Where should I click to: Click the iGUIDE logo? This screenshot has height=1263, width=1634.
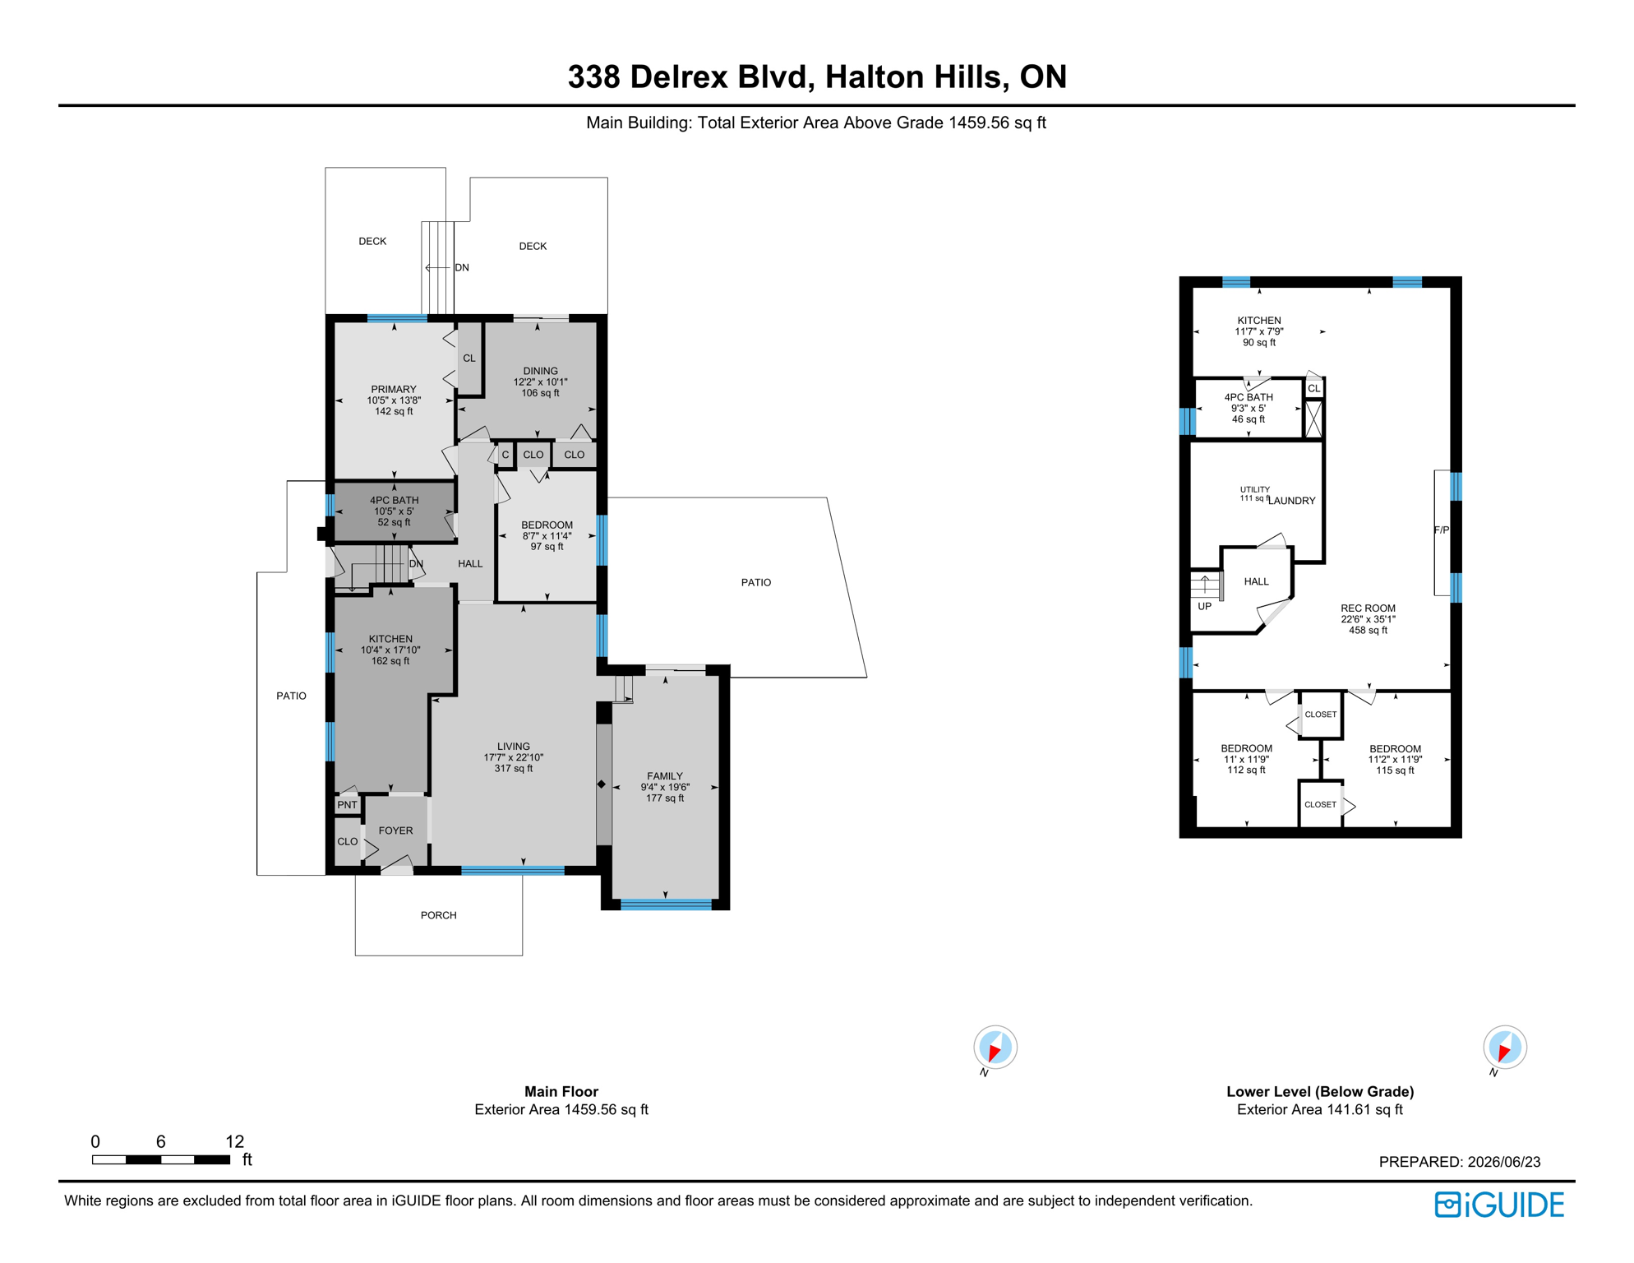pos(1499,1205)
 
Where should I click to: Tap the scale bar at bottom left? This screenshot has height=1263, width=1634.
pos(161,1159)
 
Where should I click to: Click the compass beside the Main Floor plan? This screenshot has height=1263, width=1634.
pos(995,1048)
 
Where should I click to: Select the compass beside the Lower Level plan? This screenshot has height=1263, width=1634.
pos(1505,1048)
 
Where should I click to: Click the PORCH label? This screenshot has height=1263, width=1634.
pos(438,915)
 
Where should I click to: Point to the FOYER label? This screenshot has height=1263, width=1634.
pos(395,830)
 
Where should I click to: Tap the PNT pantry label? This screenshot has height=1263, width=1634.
pos(347,805)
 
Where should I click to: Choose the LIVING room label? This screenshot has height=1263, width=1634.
pos(513,747)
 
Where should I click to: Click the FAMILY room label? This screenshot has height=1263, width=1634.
pos(664,776)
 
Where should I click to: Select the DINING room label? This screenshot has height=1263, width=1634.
pos(540,371)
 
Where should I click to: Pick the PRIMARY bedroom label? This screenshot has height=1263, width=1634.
pos(394,390)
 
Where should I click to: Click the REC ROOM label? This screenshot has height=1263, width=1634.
pos(1368,608)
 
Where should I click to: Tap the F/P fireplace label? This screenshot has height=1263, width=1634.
pos(1442,530)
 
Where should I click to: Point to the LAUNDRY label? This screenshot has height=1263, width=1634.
pos(1291,501)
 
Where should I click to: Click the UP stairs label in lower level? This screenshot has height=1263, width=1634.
pos(1204,606)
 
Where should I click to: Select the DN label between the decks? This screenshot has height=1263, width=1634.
pos(462,267)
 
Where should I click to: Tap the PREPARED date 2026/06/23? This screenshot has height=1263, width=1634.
pos(1503,1162)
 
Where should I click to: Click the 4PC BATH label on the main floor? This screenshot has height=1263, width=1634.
pos(394,500)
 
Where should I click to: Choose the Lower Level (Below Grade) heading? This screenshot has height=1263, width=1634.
pos(1320,1091)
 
